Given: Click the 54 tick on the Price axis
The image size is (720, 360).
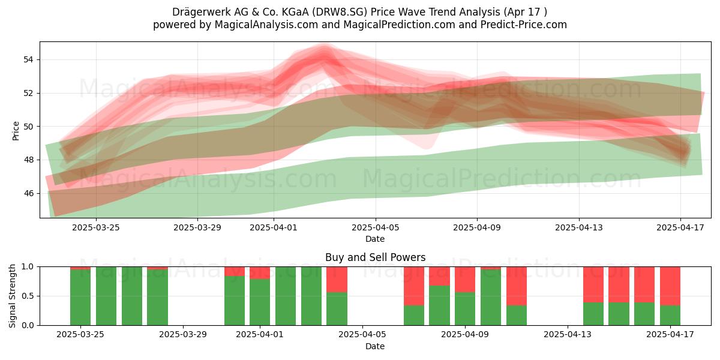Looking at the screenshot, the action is click(28, 59).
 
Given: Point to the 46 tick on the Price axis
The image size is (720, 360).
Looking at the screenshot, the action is click(28, 193).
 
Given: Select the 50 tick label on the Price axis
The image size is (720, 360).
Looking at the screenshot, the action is click(28, 127).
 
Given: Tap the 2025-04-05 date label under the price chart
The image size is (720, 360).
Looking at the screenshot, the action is click(375, 227).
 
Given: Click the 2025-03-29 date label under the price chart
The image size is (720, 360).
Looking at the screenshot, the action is click(197, 227).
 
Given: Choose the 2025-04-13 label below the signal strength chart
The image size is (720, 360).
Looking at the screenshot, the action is click(568, 335).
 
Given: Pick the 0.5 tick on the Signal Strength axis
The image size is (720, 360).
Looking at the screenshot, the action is click(28, 296).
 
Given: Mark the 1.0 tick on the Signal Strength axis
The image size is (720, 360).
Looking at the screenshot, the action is click(28, 267).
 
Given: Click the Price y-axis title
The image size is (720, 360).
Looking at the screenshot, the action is click(16, 131).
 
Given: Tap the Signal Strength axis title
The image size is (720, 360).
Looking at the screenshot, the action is click(12, 296).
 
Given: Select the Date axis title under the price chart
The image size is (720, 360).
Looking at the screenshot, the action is click(375, 239).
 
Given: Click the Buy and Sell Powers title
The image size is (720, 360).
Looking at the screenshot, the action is click(375, 257).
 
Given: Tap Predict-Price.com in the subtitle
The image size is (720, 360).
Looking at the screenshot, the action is click(524, 25).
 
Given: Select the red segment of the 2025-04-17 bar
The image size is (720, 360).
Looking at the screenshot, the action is click(670, 286).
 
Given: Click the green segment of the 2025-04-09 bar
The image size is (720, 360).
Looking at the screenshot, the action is click(465, 308).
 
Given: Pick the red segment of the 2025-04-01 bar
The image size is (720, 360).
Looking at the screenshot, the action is click(260, 273).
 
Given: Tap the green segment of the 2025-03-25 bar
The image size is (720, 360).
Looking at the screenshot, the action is click(80, 298).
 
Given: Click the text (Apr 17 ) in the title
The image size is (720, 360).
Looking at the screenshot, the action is click(525, 12).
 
